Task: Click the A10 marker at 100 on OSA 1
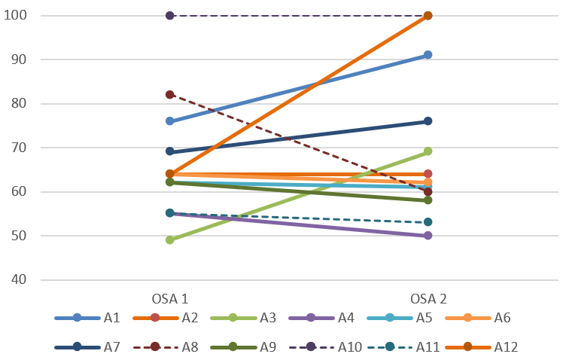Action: point(170,16)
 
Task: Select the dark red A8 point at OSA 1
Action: point(170,95)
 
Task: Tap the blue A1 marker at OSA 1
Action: point(170,121)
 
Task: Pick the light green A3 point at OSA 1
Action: point(170,240)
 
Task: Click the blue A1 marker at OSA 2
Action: point(428,55)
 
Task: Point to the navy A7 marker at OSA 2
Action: point(428,121)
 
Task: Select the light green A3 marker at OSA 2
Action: point(428,152)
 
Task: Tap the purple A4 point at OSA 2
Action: point(428,236)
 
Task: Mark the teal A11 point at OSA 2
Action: point(428,222)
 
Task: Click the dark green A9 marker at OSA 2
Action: point(428,200)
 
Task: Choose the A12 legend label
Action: point(506,347)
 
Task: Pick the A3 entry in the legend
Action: point(268,318)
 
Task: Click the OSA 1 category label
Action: point(170,297)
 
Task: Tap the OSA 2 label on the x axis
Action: point(428,297)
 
